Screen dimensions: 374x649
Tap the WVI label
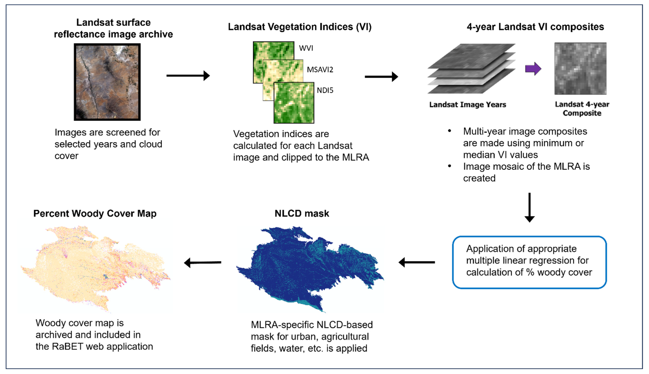pyautogui.click(x=306, y=48)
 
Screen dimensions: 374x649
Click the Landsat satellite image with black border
pyautogui.click(x=107, y=82)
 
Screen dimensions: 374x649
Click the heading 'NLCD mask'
pyautogui.click(x=302, y=213)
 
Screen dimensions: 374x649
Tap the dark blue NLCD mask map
pyautogui.click(x=308, y=267)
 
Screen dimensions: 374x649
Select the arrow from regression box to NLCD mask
pyautogui.click(x=417, y=262)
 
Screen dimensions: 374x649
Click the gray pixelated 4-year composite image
pyautogui.click(x=580, y=69)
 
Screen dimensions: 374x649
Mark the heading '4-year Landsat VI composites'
pyautogui.click(x=535, y=27)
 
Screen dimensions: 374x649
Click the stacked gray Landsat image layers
pyautogui.click(x=471, y=69)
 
